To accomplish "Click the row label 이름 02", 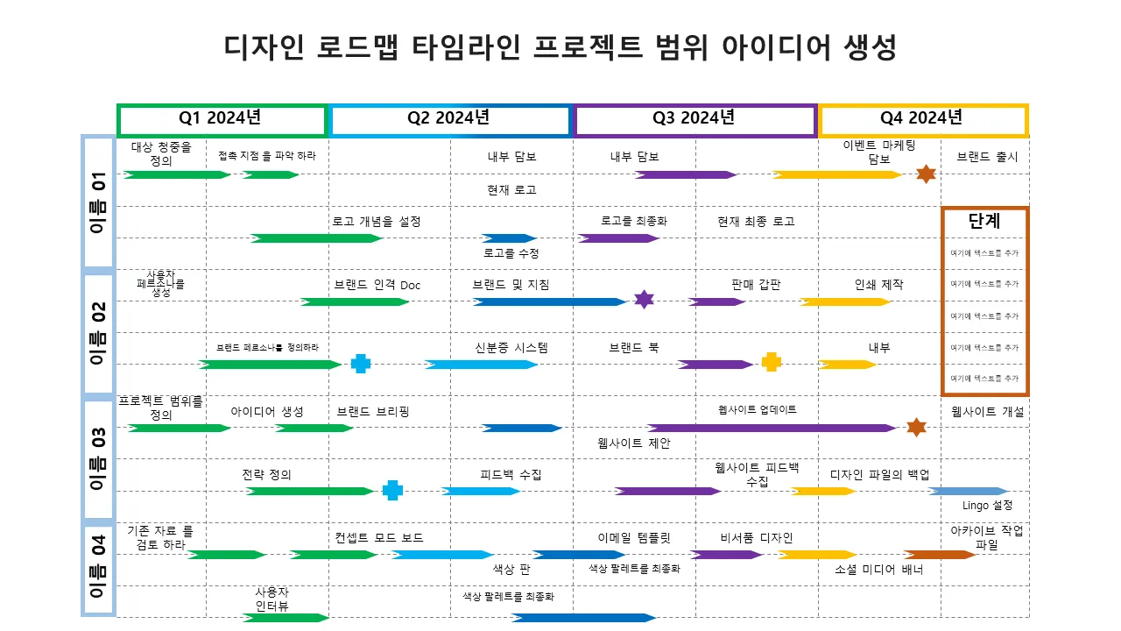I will [98, 334].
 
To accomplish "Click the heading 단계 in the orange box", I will [984, 221].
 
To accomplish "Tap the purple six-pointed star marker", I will [644, 300].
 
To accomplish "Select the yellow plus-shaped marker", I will [771, 363].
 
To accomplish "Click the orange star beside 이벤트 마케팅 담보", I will [926, 174].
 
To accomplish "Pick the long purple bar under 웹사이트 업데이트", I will [772, 428].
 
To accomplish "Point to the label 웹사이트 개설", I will [987, 411].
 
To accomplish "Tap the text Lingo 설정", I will [987, 506].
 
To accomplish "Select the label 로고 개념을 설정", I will [377, 222].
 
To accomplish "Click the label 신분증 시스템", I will [511, 348].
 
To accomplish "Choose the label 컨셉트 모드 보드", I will [379, 537].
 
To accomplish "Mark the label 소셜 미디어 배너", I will [885, 570].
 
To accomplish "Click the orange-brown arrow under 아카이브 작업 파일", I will [939, 554].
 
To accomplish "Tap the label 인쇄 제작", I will [878, 285].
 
